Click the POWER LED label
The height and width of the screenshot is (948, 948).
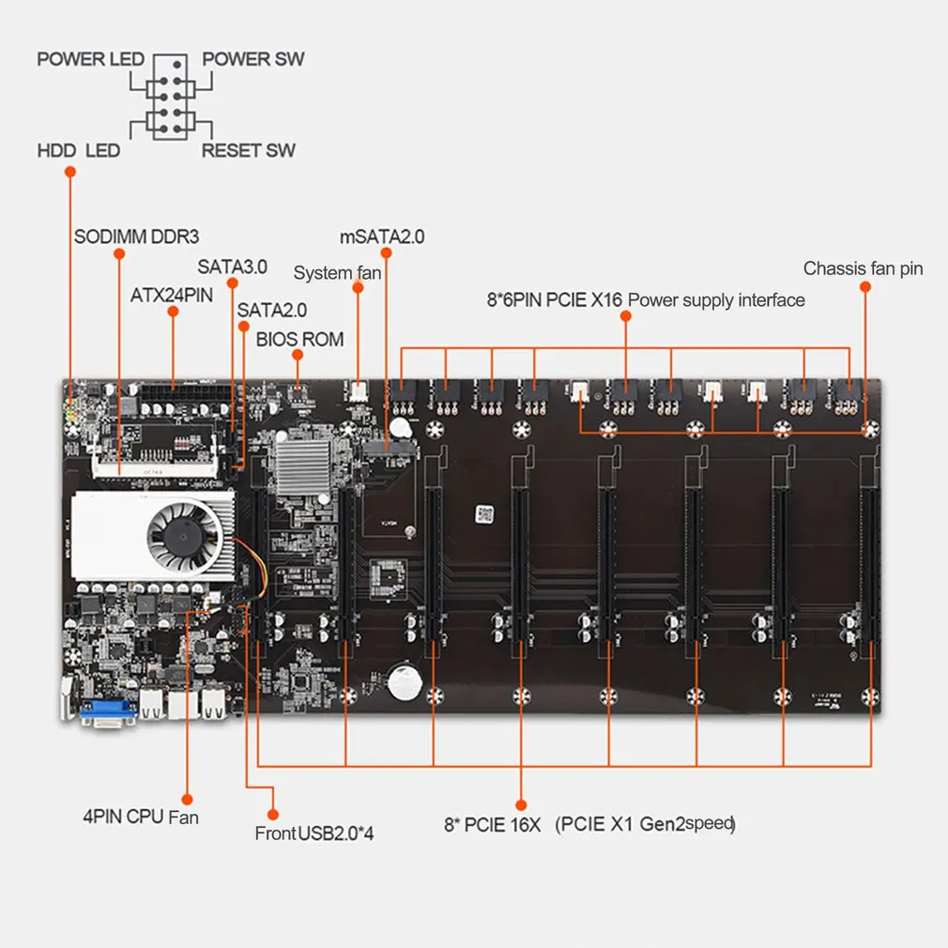click(90, 60)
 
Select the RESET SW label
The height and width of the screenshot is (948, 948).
click(248, 150)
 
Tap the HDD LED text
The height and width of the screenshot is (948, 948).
click(79, 150)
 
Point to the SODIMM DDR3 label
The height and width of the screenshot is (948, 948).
click(137, 235)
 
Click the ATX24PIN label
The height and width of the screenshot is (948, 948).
click(172, 294)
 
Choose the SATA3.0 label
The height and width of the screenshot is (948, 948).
click(232, 267)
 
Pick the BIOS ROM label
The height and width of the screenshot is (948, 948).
click(299, 339)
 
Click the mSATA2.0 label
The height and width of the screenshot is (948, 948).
click(382, 237)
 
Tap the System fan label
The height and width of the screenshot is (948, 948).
click(337, 273)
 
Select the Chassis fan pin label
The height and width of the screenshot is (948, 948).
click(863, 269)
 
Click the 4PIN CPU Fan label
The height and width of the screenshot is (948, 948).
click(141, 817)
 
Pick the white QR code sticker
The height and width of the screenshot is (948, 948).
click(482, 513)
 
